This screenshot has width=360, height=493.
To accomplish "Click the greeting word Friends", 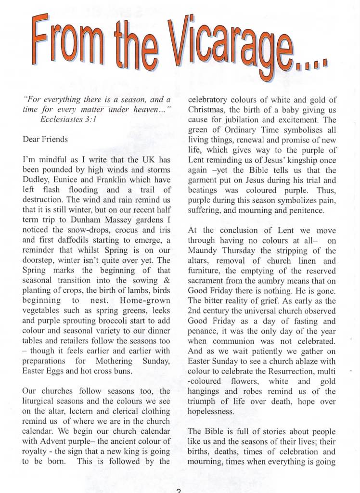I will coord(56,139).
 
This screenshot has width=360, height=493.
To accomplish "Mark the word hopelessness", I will coord(211,412).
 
